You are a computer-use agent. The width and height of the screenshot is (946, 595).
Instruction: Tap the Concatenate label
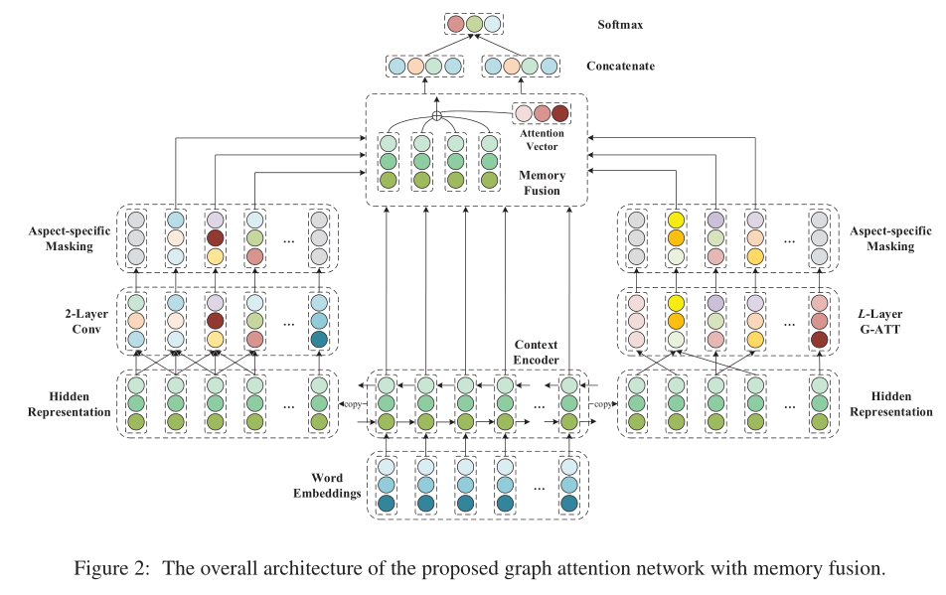click(620, 68)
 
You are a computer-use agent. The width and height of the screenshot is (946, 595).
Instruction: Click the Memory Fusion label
click(542, 183)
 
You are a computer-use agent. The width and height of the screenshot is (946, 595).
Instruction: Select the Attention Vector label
click(541, 140)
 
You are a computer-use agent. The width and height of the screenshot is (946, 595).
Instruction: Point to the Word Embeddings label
click(328, 485)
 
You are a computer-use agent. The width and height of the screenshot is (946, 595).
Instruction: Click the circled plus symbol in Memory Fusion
click(436, 116)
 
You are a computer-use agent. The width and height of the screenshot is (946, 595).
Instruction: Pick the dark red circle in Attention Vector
click(560, 113)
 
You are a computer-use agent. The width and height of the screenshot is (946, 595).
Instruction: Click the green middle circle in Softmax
click(474, 24)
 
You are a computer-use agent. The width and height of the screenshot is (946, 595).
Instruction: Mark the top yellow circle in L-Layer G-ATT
click(677, 303)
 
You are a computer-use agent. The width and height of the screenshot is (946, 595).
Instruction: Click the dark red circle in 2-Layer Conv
click(216, 321)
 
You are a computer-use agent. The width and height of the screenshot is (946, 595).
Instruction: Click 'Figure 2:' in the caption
click(112, 569)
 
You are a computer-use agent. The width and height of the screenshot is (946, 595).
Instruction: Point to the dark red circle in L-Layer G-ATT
click(819, 340)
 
